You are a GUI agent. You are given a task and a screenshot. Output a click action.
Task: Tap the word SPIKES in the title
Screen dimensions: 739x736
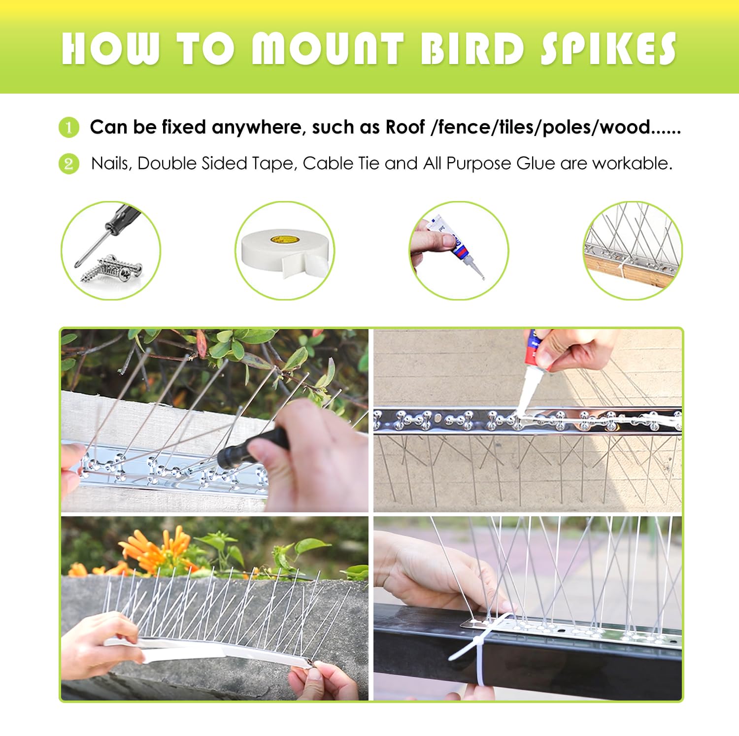609,49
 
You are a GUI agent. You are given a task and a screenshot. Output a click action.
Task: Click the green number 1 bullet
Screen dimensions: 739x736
69,128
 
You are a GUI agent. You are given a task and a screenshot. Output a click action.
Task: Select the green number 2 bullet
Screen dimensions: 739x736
69,164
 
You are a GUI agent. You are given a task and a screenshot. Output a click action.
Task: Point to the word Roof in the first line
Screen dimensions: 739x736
405,127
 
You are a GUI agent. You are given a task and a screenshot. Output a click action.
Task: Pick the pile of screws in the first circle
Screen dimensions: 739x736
111,269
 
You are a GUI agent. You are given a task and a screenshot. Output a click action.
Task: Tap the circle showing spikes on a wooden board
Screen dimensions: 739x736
633,250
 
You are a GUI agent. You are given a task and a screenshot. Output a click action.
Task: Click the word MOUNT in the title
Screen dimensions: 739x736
328,49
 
